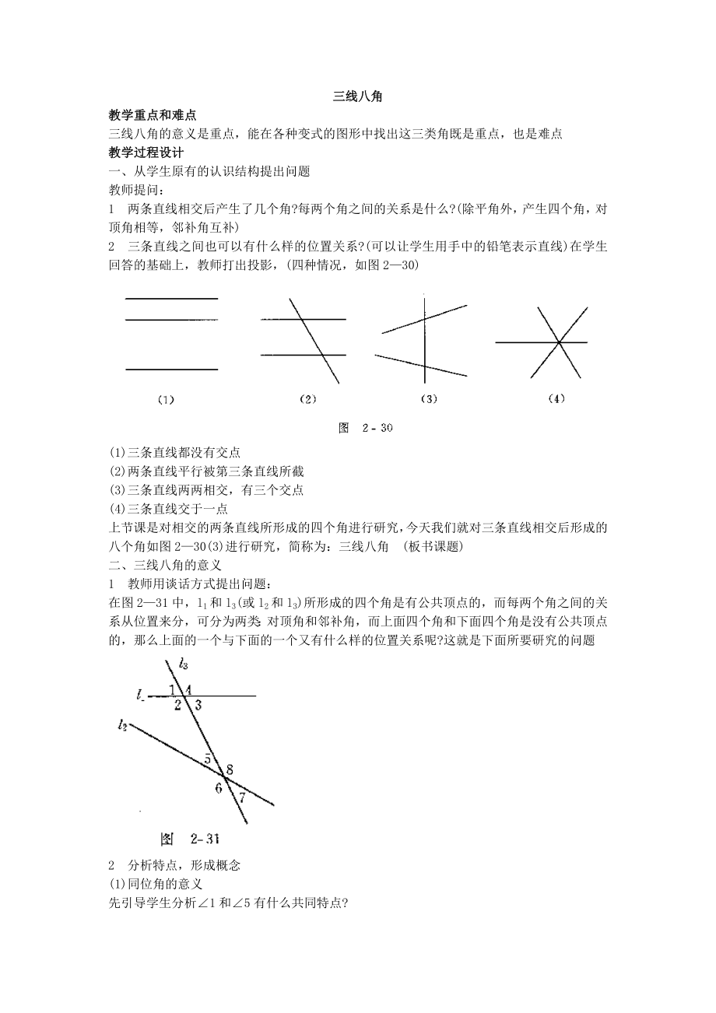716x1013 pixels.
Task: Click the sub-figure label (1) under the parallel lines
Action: [x=165, y=400]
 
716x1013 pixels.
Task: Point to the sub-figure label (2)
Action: [x=307, y=400]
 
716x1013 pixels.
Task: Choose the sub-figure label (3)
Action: [x=428, y=400]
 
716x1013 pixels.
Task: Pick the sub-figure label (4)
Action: [x=555, y=400]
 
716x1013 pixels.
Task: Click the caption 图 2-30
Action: [x=368, y=428]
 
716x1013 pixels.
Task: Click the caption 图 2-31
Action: [x=191, y=839]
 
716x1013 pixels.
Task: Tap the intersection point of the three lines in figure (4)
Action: [x=558, y=342]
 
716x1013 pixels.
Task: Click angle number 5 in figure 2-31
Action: [x=208, y=758]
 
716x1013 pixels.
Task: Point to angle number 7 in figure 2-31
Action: [x=241, y=797]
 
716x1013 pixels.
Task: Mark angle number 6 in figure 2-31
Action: [x=219, y=788]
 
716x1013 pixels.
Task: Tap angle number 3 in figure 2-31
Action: [x=198, y=706]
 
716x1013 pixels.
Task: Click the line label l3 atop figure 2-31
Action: [x=184, y=664]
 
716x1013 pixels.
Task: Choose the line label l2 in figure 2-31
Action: [x=122, y=725]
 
